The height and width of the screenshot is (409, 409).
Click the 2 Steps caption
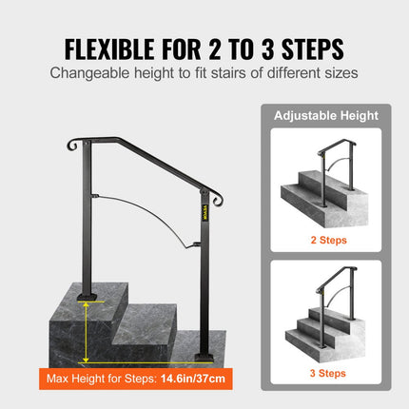pyautogui.click(x=326, y=240)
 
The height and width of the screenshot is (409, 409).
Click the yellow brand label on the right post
pyautogui.click(x=202, y=207)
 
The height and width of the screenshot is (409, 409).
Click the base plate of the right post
pyautogui.click(x=202, y=355)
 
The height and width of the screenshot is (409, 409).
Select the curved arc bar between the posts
pyautogui.click(x=143, y=205)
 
